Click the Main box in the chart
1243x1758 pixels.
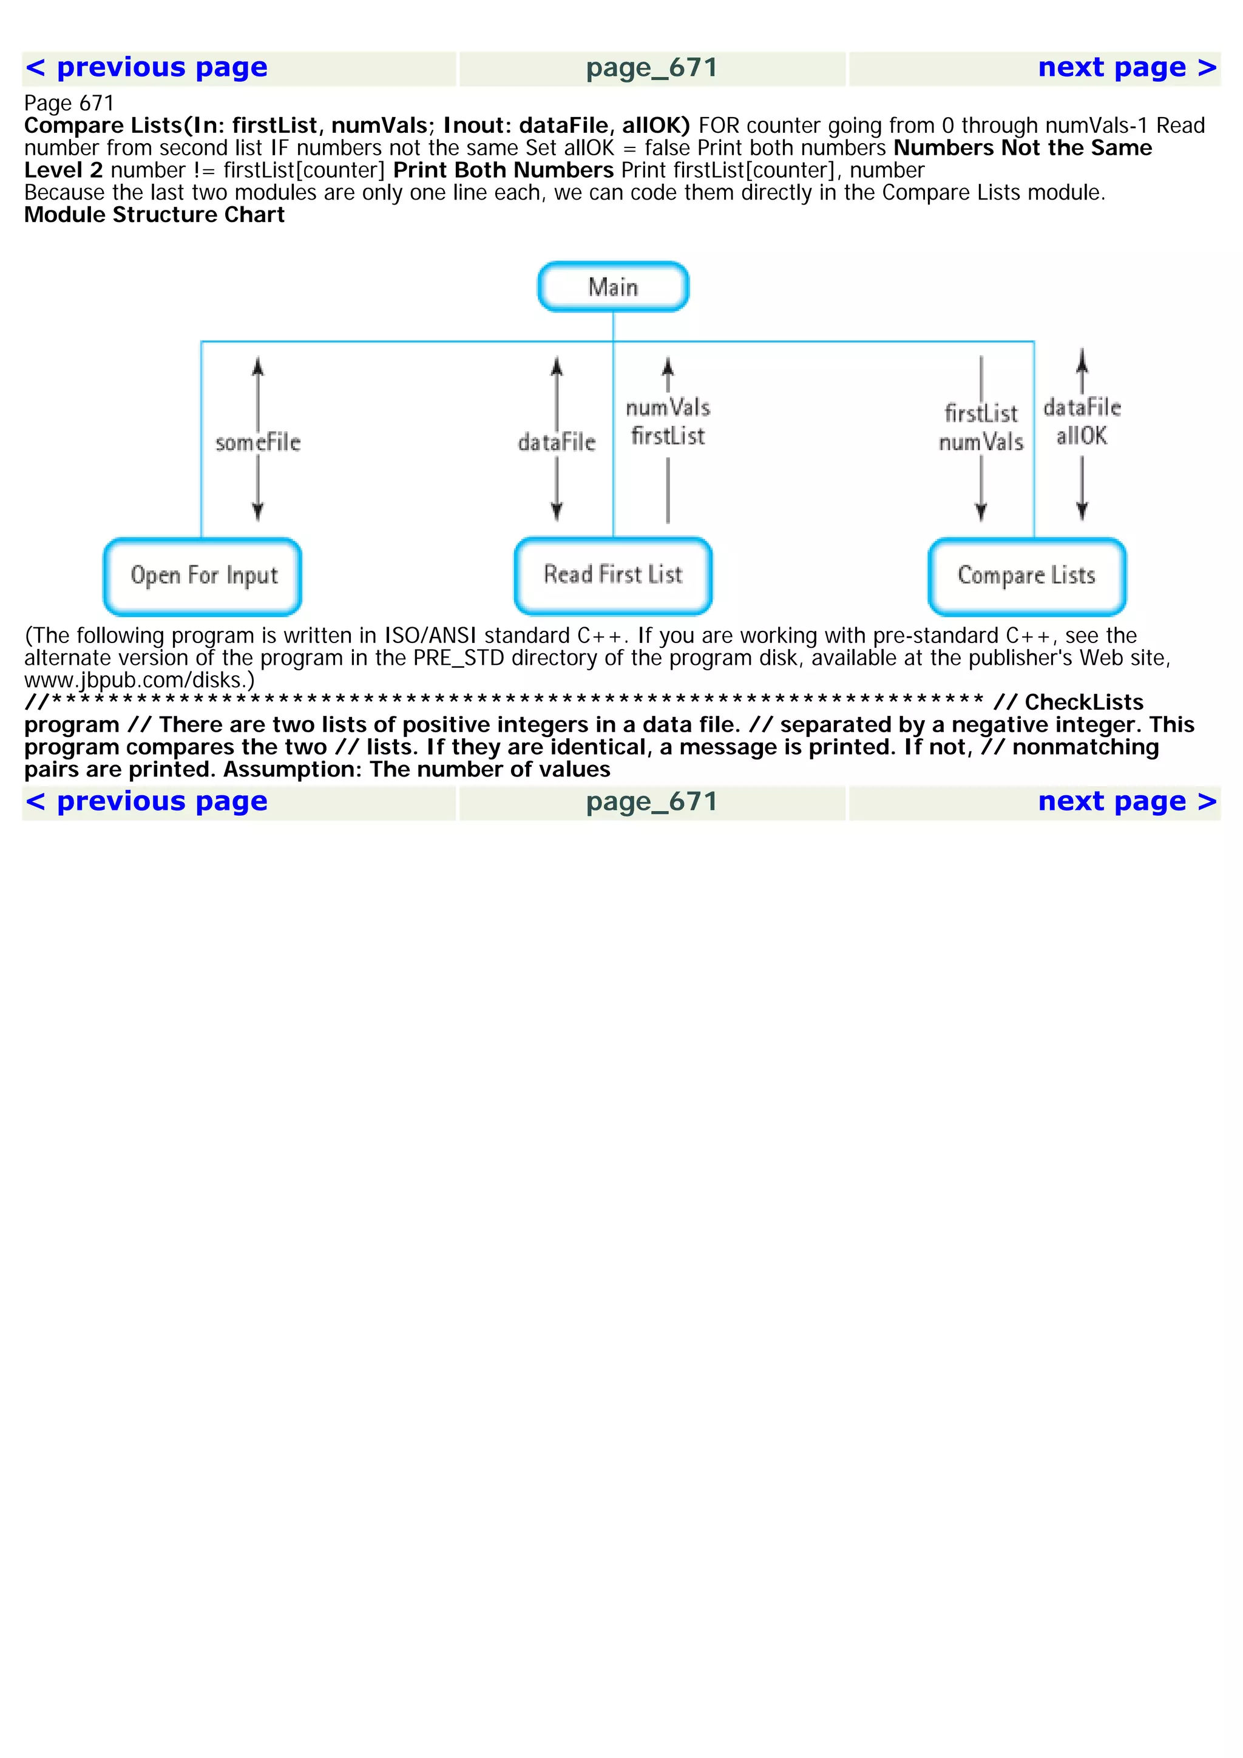(x=612, y=287)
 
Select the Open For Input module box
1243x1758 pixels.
(x=203, y=576)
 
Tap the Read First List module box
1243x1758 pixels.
(x=612, y=575)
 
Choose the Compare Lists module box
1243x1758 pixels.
(x=1026, y=576)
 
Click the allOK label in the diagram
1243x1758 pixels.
(x=1082, y=436)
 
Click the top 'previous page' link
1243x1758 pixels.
(x=147, y=67)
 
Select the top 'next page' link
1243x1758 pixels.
(x=1126, y=67)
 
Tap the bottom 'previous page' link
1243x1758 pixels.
(x=147, y=802)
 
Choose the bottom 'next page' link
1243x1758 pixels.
(x=1126, y=802)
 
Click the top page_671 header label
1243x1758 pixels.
(x=652, y=68)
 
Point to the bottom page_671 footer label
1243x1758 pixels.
(x=652, y=803)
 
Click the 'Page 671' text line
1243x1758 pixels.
(x=69, y=103)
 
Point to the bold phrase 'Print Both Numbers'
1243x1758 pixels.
(x=503, y=170)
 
